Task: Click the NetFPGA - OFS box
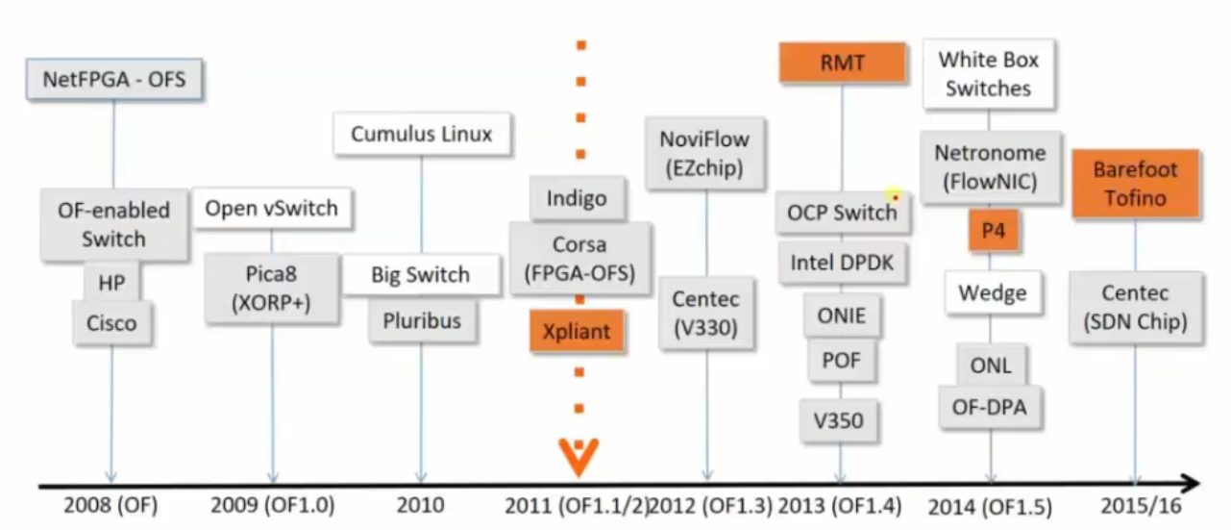[113, 79]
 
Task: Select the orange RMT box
[842, 63]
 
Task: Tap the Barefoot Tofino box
[1135, 184]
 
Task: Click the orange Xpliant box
[577, 332]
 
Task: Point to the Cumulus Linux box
[421, 134]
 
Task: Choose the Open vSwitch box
[272, 209]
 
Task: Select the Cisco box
[111, 323]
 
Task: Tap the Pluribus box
[422, 320]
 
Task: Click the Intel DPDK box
[843, 262]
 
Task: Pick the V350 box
[838, 419]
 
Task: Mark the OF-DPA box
[990, 407]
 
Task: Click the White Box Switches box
[988, 74]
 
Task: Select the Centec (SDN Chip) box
[1135, 308]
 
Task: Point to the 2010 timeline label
[420, 505]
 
